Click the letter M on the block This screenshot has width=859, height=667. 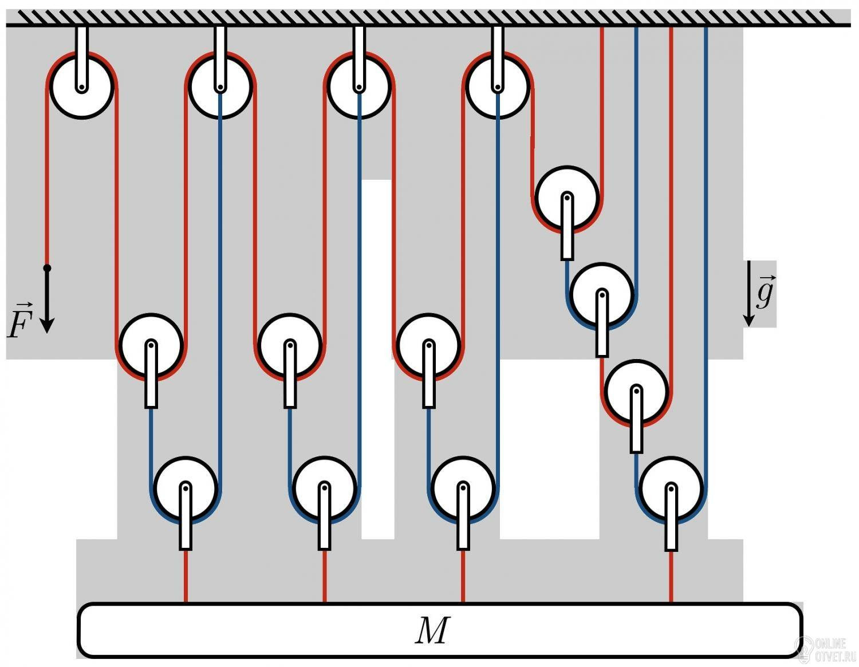(x=432, y=630)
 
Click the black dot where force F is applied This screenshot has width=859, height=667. (x=48, y=268)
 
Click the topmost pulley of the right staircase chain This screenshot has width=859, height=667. (x=567, y=198)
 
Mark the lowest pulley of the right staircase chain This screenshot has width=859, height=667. (x=671, y=488)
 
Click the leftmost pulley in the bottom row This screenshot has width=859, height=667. (x=186, y=488)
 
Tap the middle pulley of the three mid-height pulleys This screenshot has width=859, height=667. (x=290, y=345)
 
